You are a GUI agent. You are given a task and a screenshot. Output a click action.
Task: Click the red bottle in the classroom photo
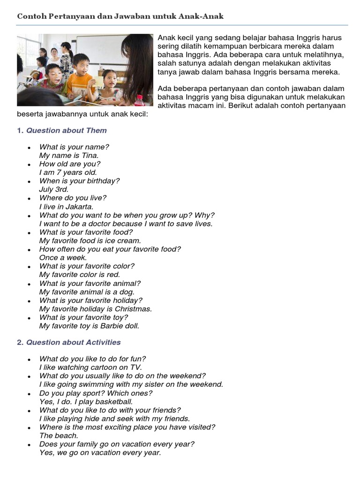click(139, 100)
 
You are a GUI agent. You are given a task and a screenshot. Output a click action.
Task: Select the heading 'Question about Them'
click(67, 130)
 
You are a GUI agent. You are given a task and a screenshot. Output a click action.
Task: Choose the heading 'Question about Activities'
click(74, 342)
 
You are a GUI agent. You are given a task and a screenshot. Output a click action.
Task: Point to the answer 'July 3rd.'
click(54, 189)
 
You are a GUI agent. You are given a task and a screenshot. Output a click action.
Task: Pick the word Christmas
click(134, 309)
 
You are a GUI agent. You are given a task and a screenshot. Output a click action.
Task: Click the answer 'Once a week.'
click(63, 258)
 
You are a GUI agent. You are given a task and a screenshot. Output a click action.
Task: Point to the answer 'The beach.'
click(59, 435)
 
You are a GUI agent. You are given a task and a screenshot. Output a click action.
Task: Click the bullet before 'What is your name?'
click(30, 148)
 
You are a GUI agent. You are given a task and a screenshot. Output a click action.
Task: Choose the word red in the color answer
click(113, 275)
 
